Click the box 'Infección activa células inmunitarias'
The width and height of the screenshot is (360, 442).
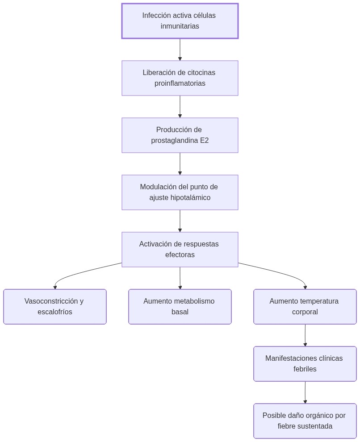coord(180,21)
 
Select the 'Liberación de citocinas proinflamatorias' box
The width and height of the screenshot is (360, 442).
coord(180,78)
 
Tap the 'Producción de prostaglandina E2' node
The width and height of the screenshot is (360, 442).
coord(180,135)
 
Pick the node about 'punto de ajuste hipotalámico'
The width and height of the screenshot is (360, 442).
coord(180,192)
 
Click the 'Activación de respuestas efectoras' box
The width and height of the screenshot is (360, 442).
coord(180,250)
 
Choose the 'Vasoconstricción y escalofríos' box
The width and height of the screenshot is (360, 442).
coord(54,307)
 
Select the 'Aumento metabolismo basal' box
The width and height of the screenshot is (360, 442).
coord(180,307)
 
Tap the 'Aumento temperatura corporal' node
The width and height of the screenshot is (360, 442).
coord(305,307)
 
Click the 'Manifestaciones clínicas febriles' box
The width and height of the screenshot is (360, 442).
coord(305,364)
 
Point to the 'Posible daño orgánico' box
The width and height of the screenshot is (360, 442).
coord(305,421)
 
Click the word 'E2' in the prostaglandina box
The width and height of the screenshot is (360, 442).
coord(204,141)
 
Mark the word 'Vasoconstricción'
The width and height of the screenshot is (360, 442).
coord(50,301)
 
